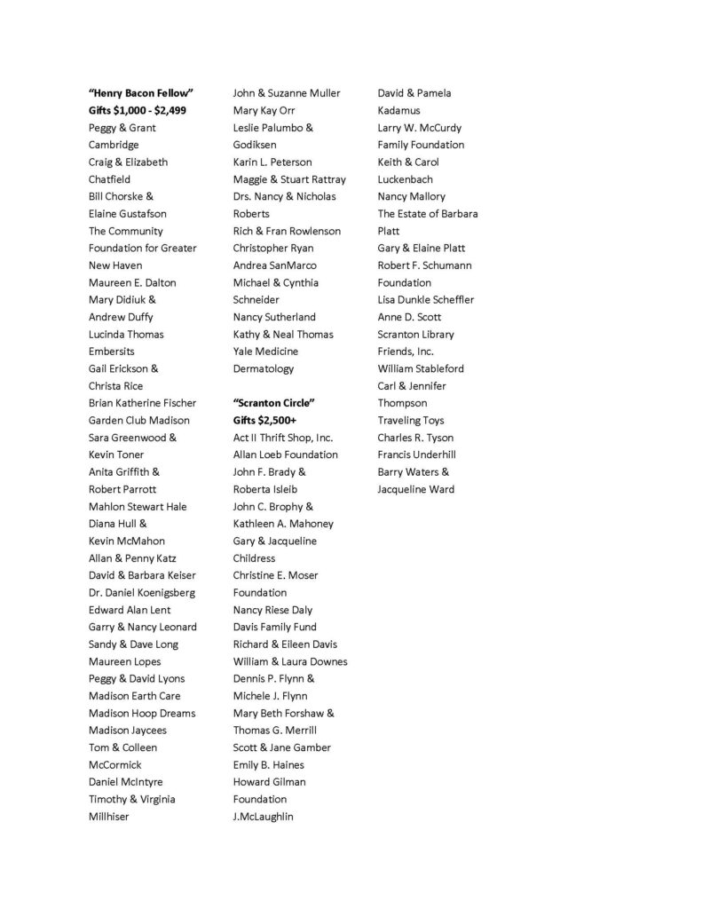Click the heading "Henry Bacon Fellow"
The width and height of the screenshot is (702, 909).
[x=141, y=93]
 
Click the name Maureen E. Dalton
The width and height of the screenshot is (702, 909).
[x=132, y=282]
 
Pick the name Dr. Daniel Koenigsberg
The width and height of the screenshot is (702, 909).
[x=142, y=592]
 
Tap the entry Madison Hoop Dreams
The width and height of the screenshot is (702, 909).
[x=142, y=713]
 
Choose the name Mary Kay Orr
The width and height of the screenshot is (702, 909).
[x=264, y=110]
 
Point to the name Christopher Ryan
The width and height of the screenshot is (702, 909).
[x=273, y=248]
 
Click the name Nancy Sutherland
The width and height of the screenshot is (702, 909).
[x=274, y=317]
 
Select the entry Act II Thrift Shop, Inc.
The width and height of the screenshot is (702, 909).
[x=283, y=438]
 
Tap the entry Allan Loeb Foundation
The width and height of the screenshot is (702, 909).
[x=286, y=454]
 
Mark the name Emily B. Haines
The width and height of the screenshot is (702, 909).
[x=269, y=764]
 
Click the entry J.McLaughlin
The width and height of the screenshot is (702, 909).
[x=264, y=816]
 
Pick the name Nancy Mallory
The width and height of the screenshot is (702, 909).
[x=412, y=196]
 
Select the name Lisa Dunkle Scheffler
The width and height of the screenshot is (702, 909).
[x=426, y=300]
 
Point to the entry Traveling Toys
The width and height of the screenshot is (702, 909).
[x=411, y=420]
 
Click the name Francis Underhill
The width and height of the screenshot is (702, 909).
[x=417, y=454]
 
